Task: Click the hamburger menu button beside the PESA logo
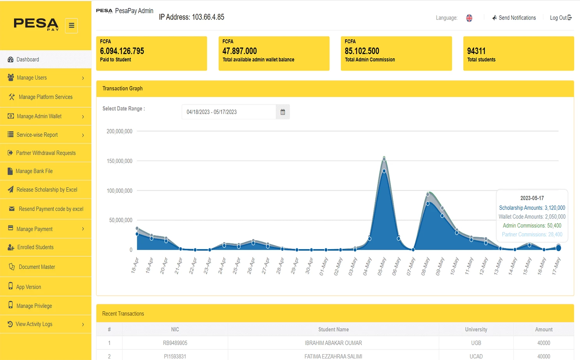click(71, 26)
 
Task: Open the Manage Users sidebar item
click(32, 78)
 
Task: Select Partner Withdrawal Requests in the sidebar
click(46, 153)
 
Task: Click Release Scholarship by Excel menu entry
click(46, 190)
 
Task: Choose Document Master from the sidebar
click(37, 267)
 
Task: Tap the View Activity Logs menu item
click(34, 324)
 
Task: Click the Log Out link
click(560, 18)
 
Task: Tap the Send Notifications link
click(517, 18)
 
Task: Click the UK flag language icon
click(469, 18)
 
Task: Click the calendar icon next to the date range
click(283, 112)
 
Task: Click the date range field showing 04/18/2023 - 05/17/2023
click(229, 112)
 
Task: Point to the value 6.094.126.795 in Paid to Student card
click(122, 51)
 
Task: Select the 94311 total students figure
click(476, 51)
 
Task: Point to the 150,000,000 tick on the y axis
click(119, 161)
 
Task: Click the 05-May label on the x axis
click(382, 266)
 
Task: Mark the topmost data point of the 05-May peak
click(384, 159)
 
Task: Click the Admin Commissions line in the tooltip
click(532, 225)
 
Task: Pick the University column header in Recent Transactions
click(476, 330)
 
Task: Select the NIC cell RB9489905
click(175, 343)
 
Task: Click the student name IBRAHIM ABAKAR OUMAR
click(333, 343)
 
